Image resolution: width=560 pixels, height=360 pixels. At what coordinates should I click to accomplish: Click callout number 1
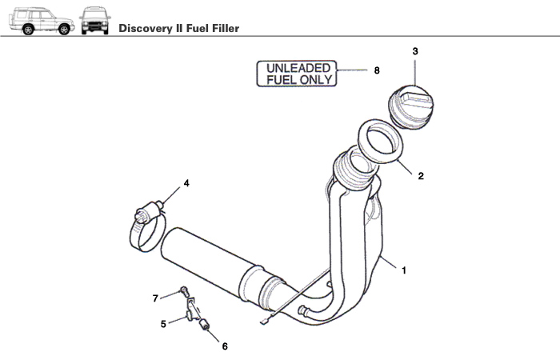click(x=404, y=270)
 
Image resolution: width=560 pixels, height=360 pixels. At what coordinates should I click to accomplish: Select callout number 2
click(x=421, y=175)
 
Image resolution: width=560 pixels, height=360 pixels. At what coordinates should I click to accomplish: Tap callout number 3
click(x=415, y=51)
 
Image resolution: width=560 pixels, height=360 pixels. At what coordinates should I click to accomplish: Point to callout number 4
click(x=186, y=183)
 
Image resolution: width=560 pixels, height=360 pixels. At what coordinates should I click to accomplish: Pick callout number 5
click(x=163, y=324)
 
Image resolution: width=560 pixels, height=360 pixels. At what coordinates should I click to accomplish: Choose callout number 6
click(x=225, y=346)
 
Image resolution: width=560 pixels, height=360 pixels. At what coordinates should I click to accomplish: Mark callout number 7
click(x=156, y=298)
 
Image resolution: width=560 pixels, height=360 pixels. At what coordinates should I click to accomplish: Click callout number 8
click(x=376, y=70)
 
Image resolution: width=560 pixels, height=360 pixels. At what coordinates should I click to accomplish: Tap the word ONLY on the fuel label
click(x=316, y=80)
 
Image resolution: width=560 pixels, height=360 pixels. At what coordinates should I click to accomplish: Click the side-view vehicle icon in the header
click(x=40, y=22)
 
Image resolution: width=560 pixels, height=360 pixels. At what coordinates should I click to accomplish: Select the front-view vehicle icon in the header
click(x=94, y=22)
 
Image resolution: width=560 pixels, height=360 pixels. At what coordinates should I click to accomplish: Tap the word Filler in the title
click(x=222, y=29)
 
